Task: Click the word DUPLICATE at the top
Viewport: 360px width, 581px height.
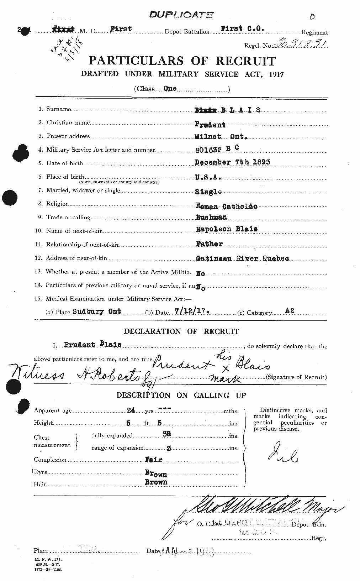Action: click(181, 15)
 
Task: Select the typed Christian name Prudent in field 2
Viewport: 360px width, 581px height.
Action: click(210, 125)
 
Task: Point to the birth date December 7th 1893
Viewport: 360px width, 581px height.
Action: click(232, 162)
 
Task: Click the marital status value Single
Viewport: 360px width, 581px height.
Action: click(208, 192)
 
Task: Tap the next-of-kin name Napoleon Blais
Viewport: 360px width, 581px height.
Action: click(227, 229)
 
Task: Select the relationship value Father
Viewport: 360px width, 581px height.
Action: click(209, 244)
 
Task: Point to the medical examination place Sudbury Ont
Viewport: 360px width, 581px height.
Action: click(97, 311)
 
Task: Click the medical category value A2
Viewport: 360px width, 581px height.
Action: click(290, 311)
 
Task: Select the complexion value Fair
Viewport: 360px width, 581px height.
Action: click(153, 460)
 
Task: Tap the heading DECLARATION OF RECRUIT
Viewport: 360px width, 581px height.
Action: click(181, 331)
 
